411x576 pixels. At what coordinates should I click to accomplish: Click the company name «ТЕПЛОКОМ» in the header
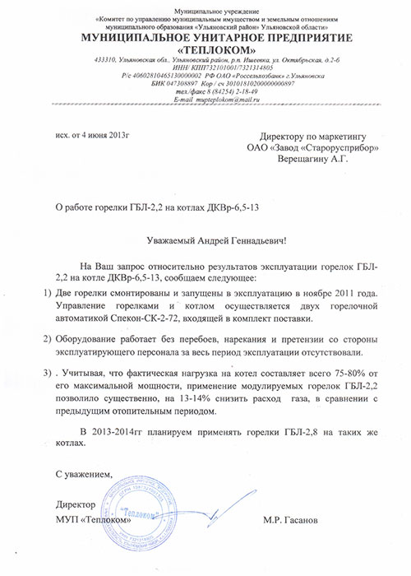(x=206, y=50)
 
